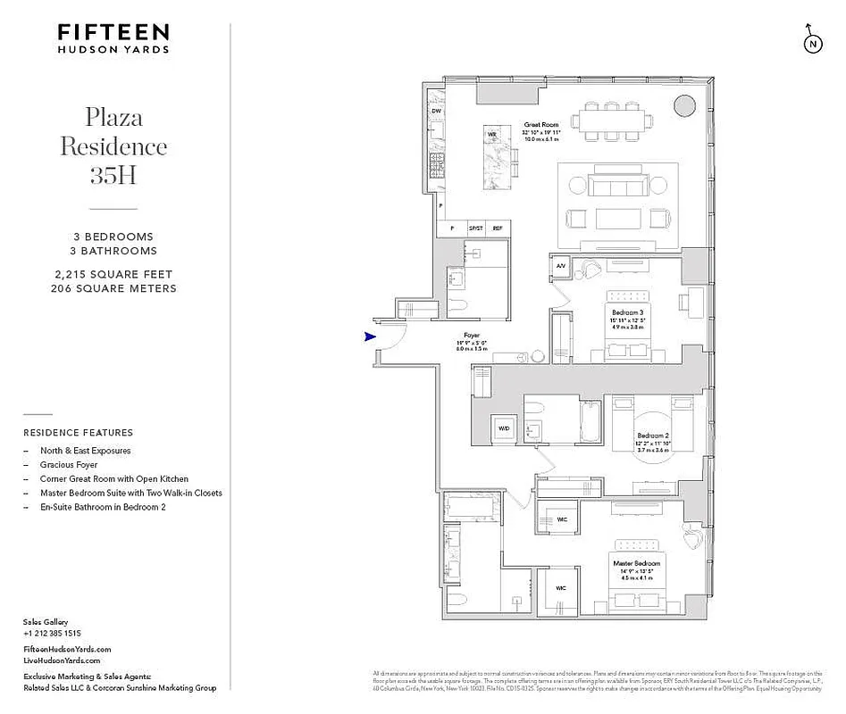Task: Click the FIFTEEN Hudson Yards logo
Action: click(x=113, y=38)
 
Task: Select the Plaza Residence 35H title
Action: click(x=113, y=145)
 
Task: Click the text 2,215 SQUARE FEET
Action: click(x=113, y=275)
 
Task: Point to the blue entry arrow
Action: click(x=370, y=336)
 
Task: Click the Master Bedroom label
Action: click(x=636, y=564)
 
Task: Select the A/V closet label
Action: click(x=561, y=266)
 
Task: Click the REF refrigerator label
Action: click(x=498, y=228)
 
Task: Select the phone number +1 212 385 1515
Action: click(x=52, y=633)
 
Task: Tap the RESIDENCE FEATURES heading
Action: click(x=78, y=433)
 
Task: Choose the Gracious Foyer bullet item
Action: click(x=69, y=465)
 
